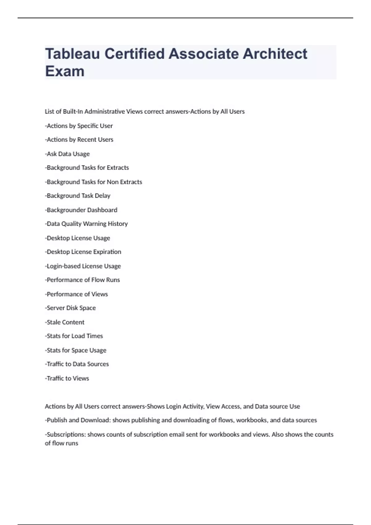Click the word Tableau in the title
(x=72, y=54)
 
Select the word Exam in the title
(x=65, y=71)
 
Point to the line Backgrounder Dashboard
(x=82, y=210)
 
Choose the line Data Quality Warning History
(x=87, y=224)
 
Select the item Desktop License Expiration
(x=83, y=252)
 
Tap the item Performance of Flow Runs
(x=83, y=280)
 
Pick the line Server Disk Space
(x=71, y=308)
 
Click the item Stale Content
(x=65, y=322)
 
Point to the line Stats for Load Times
(x=75, y=336)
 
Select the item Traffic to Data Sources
(x=77, y=364)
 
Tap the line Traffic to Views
(x=67, y=378)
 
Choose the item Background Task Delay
(x=78, y=196)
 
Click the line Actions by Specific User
(x=79, y=126)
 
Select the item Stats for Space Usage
(x=76, y=350)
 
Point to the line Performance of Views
(x=77, y=294)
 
